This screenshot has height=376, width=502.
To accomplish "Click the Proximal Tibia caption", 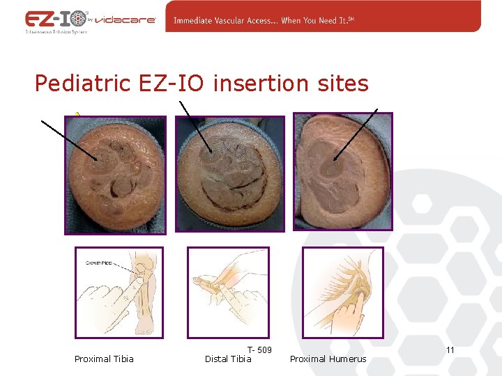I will click(104, 359).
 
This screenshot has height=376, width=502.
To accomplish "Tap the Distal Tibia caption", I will click(228, 359).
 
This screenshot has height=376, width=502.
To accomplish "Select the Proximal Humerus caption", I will click(328, 359).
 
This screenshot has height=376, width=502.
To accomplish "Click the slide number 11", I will click(450, 350).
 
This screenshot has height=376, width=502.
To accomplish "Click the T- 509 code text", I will click(259, 350).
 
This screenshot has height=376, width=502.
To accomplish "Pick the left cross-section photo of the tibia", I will click(116, 174).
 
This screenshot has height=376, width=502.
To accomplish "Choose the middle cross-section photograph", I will click(229, 173).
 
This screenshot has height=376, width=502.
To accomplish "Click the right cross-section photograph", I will click(342, 171).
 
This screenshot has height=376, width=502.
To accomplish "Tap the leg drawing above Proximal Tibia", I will click(119, 292).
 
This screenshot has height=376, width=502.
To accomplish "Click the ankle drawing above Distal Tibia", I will click(227, 292).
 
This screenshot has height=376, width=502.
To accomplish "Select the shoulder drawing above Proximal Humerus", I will click(342, 292).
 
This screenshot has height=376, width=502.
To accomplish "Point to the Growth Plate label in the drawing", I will click(98, 263).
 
